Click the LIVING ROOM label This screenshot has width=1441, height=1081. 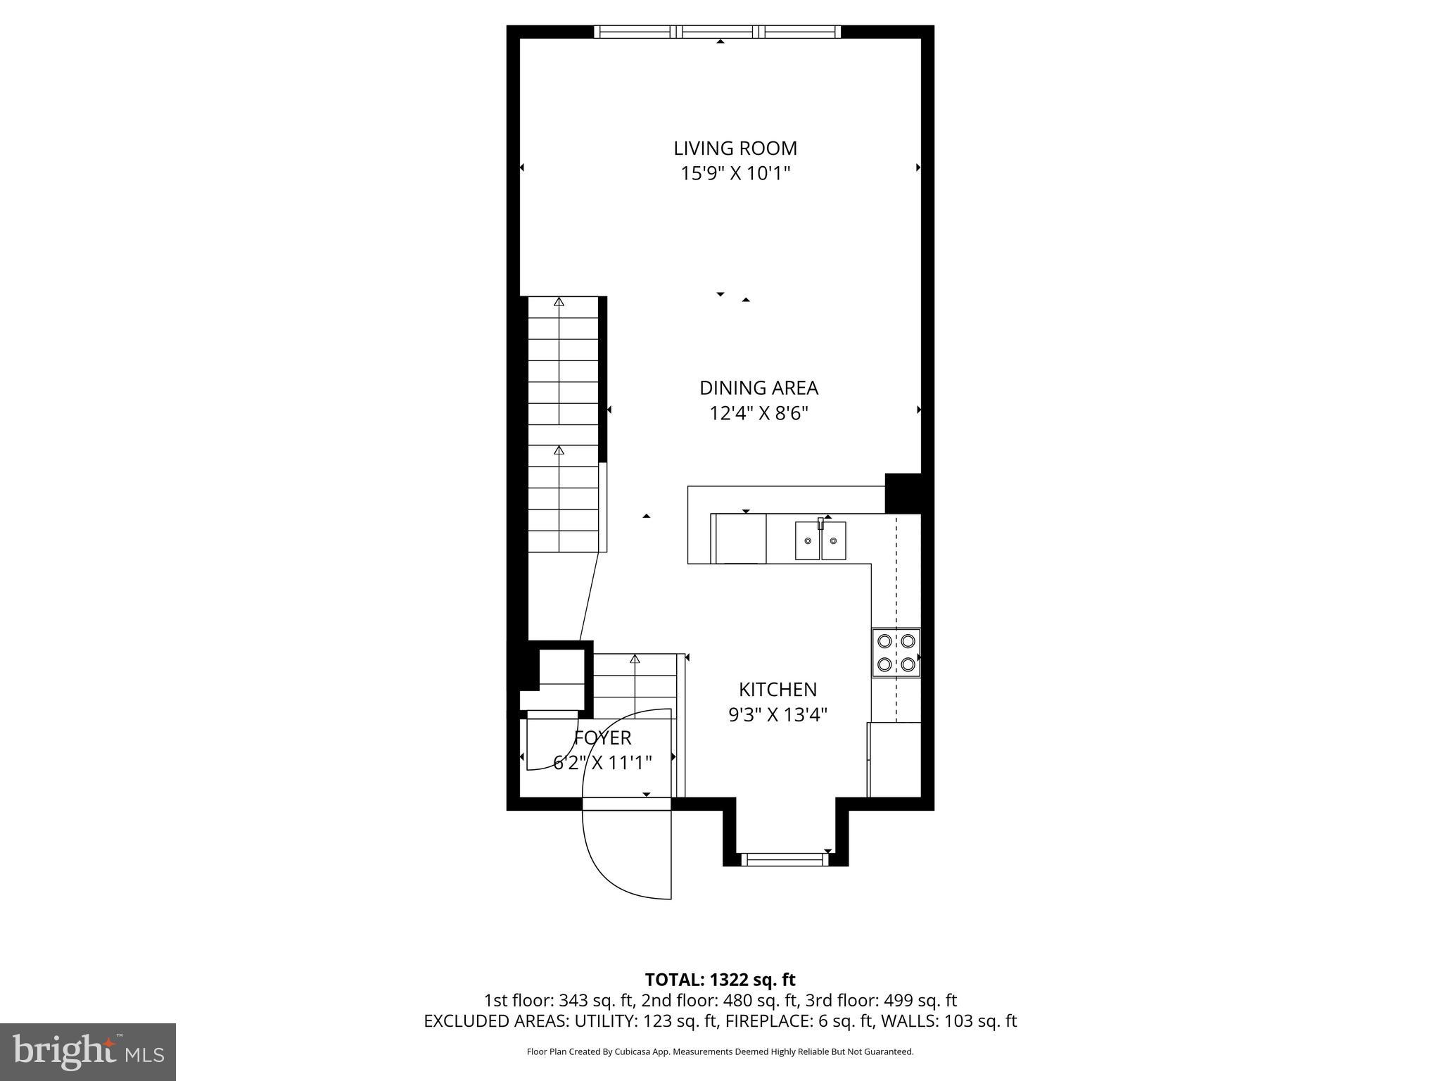[735, 148]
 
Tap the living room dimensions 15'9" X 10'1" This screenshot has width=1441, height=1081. [735, 174]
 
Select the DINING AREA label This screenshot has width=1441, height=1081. [758, 388]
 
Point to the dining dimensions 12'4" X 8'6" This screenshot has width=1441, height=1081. [758, 413]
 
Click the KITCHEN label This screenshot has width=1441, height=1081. [777, 689]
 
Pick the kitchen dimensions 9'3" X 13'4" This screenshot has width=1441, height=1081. [777, 715]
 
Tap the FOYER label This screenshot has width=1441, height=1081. [603, 738]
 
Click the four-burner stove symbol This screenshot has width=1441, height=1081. [896, 652]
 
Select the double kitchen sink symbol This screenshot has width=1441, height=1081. [820, 540]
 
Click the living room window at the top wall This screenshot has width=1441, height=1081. [717, 32]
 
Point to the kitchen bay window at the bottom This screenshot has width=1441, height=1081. [785, 859]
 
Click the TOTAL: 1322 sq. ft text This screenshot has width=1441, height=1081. [720, 980]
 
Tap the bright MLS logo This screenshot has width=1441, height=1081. [88, 1051]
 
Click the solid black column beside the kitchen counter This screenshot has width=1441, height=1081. [903, 493]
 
